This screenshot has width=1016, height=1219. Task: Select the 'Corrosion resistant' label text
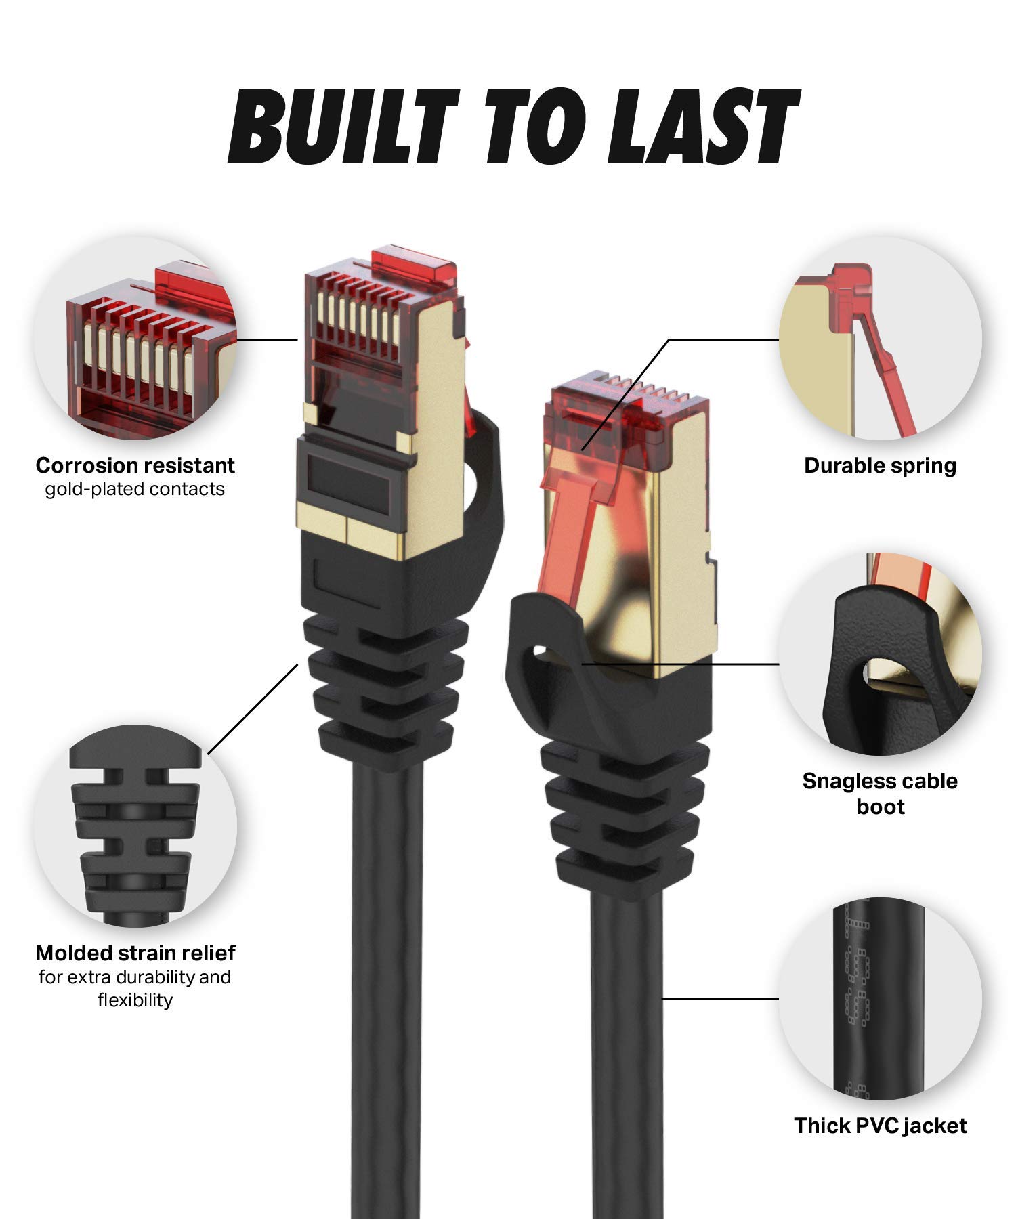click(x=135, y=465)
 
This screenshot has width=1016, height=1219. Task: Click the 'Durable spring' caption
click(x=880, y=465)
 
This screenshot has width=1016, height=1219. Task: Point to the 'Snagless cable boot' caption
click(x=880, y=793)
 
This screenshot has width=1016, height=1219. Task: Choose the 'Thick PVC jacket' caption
click(x=880, y=1126)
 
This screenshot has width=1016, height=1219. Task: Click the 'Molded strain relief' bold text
click(x=135, y=953)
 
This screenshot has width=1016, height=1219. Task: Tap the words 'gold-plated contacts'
click(x=135, y=489)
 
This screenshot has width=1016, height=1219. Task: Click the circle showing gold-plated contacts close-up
click(x=135, y=339)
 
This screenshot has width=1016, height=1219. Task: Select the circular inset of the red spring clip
click(x=880, y=339)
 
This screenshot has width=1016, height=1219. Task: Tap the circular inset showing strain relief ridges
click(x=135, y=826)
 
